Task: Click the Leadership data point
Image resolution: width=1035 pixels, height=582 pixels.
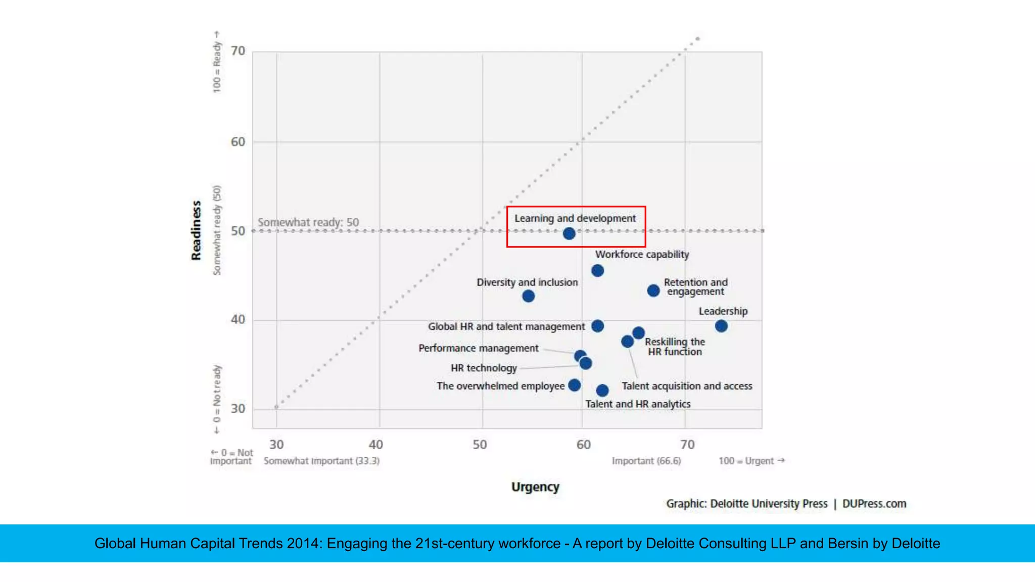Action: click(x=721, y=326)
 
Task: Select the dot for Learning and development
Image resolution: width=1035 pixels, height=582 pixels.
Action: click(x=569, y=233)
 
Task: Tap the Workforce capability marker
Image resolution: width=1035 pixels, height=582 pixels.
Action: click(x=597, y=271)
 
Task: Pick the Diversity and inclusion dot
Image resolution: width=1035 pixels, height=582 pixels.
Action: click(x=528, y=296)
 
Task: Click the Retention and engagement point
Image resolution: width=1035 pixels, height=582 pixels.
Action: click(x=653, y=290)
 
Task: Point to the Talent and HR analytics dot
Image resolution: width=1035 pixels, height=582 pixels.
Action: click(x=602, y=391)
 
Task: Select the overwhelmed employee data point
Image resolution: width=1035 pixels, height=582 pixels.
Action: click(x=574, y=385)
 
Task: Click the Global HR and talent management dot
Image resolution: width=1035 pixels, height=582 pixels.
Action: click(x=597, y=326)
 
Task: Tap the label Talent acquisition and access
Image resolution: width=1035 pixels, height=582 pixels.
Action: click(x=686, y=386)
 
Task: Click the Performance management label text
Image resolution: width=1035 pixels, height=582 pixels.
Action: click(x=478, y=348)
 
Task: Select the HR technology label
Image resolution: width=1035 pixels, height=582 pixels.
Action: click(x=484, y=368)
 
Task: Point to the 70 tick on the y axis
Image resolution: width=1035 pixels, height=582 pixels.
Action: click(x=238, y=51)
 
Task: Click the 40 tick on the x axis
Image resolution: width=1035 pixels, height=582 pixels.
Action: click(x=375, y=445)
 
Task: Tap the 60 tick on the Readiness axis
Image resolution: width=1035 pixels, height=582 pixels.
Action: click(x=238, y=142)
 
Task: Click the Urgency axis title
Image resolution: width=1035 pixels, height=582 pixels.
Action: click(x=535, y=487)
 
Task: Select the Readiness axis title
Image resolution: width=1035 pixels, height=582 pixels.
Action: click(x=196, y=230)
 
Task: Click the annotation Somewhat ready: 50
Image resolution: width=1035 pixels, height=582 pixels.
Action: click(x=308, y=222)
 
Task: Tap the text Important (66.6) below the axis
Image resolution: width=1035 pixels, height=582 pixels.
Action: click(x=646, y=461)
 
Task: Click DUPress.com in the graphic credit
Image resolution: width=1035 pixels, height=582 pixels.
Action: click(x=874, y=504)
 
